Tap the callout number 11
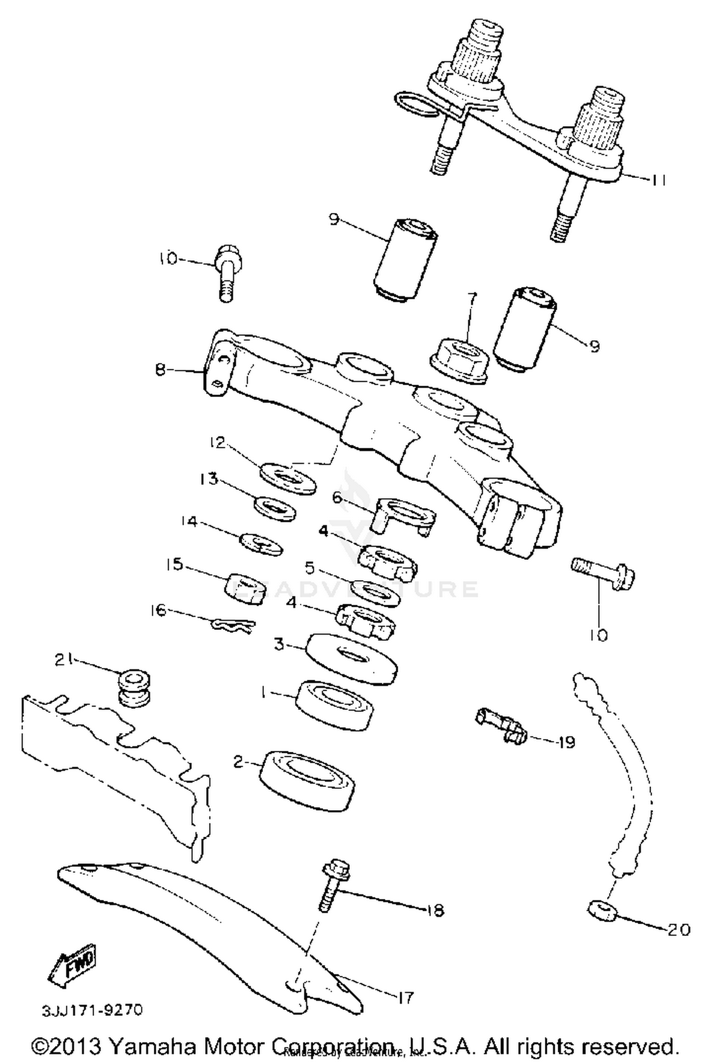658,180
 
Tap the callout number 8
161,369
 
